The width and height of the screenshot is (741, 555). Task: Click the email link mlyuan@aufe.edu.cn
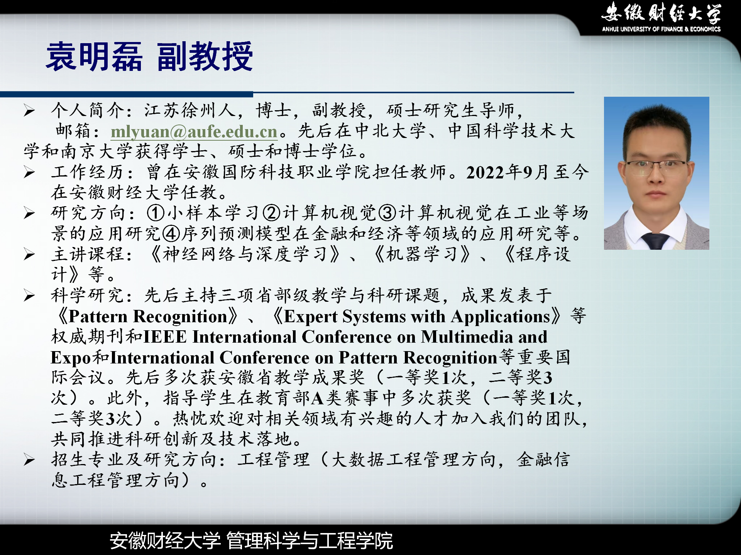pos(194,132)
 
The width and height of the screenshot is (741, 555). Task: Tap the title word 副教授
pos(205,57)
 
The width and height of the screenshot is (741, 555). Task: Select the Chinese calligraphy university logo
pos(661,13)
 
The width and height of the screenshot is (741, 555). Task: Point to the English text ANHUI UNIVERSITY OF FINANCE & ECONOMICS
pos(661,29)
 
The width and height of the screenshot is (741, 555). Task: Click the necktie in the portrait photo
pos(655,241)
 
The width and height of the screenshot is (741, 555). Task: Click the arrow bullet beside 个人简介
pos(29,111)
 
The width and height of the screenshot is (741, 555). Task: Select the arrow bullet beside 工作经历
pos(29,172)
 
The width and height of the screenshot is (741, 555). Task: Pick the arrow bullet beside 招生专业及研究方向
pos(29,460)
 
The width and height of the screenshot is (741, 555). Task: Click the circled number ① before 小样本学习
pos(156,213)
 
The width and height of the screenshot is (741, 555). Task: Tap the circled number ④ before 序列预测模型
pos(171,234)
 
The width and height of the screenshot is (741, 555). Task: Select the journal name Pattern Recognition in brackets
pos(148,317)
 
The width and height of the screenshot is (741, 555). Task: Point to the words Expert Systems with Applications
pos(417,317)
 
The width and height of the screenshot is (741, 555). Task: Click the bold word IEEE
pos(165,337)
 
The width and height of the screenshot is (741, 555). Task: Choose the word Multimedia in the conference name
pos(467,337)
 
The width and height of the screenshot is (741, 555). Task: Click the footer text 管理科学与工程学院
pos(310,540)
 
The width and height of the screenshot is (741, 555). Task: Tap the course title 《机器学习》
pos(423,254)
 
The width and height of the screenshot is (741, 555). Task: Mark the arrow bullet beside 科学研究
pos(29,296)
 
